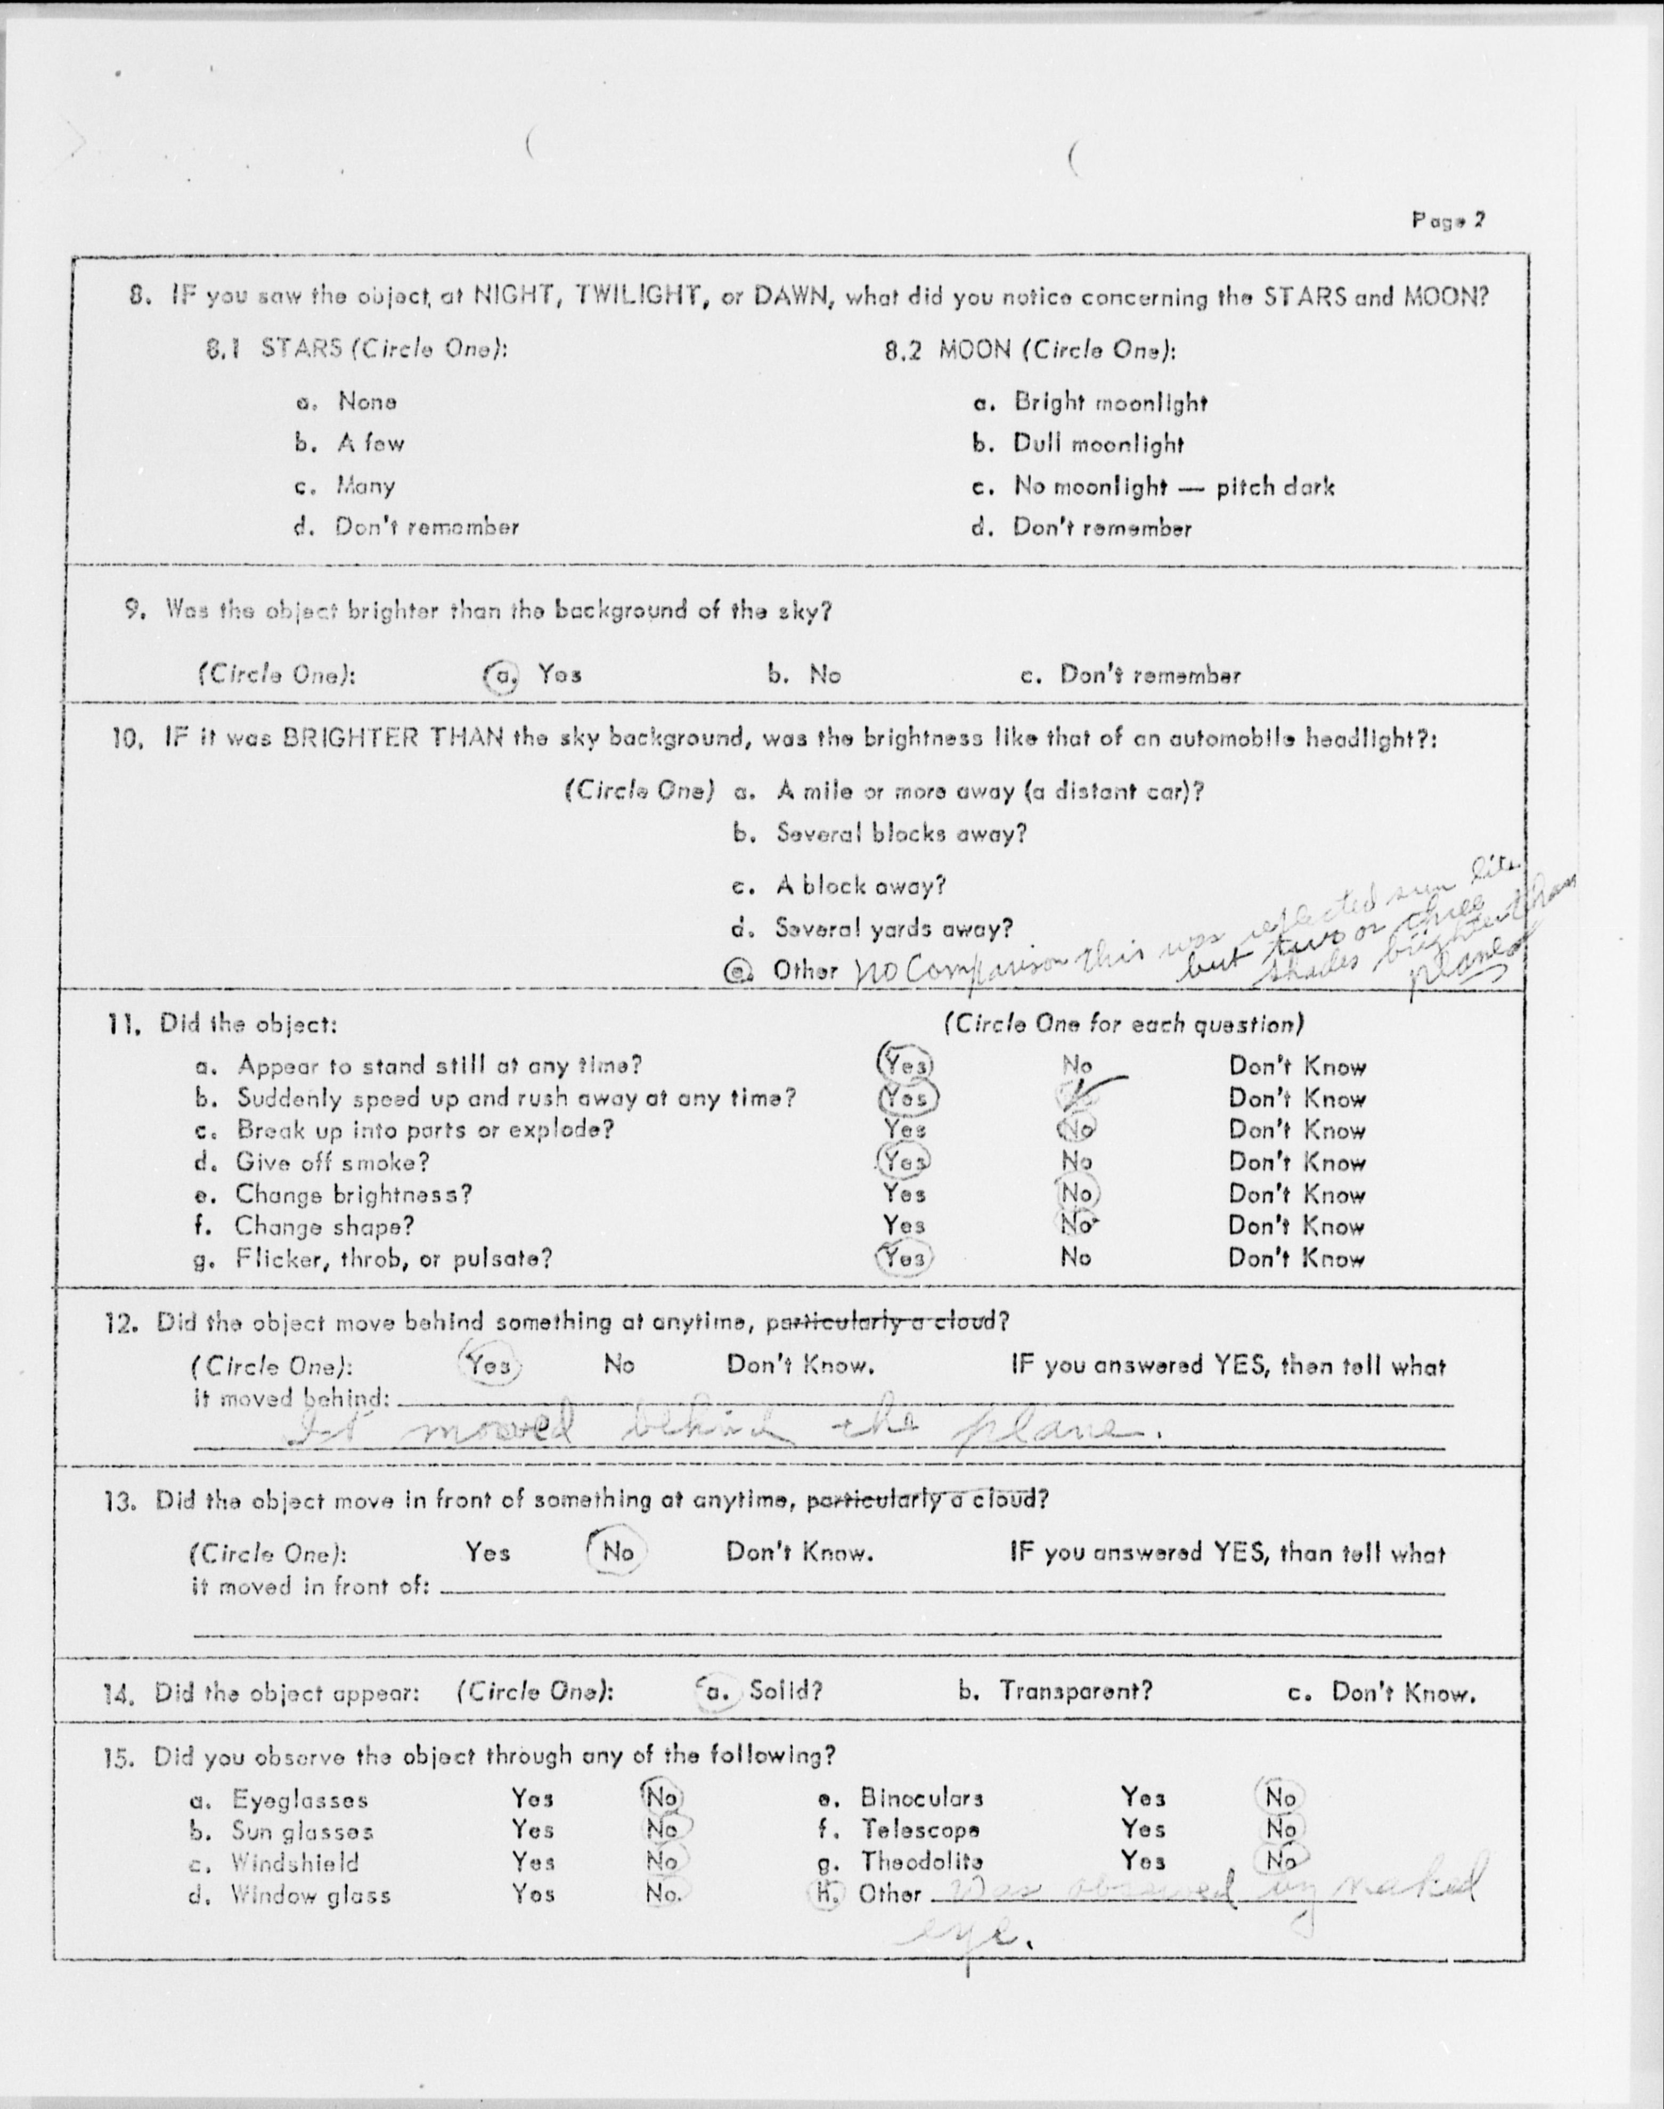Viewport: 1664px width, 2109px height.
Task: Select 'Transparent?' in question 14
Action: point(1074,1691)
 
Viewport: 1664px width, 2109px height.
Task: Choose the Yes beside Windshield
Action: point(533,1861)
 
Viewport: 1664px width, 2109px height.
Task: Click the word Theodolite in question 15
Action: point(920,1861)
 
